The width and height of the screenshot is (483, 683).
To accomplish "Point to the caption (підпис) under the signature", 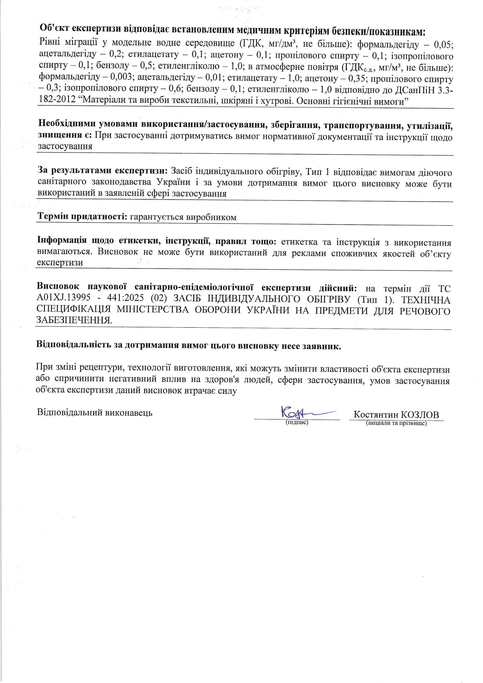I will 297,422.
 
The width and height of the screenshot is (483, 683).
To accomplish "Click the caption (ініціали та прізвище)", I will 396,423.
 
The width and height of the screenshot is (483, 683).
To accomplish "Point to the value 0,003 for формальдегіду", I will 122,79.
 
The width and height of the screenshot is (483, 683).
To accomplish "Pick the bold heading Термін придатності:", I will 82,217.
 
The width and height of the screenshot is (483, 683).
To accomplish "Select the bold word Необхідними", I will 67,125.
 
